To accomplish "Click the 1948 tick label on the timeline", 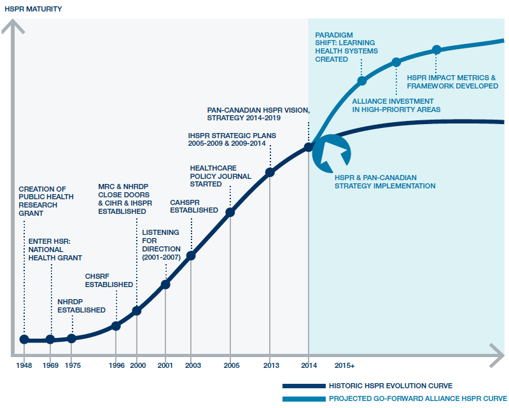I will tap(24, 366).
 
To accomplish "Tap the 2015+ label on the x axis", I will tap(344, 366).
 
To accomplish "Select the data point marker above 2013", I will tap(270, 172).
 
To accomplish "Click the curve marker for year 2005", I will tap(230, 213).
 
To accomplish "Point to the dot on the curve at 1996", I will tap(116, 326).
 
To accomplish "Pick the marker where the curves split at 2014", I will tap(309, 147).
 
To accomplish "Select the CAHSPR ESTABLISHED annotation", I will tap(193, 206).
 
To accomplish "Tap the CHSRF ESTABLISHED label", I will tap(109, 280).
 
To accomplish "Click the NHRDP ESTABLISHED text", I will tap(81, 306).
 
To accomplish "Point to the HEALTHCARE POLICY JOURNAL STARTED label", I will tap(212, 176).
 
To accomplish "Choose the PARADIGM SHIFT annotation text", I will tap(346, 46).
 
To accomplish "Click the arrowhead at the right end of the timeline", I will tap(497, 353).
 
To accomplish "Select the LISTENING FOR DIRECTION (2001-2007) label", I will tap(161, 244).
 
